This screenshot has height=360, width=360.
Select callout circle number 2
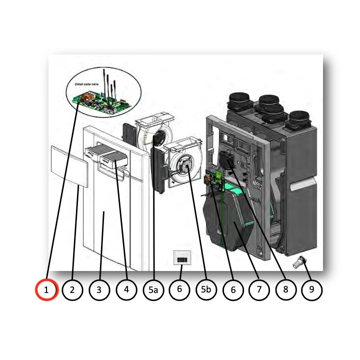pos(72,290)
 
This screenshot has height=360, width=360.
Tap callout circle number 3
pos(99,290)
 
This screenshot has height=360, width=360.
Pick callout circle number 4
pos(126,290)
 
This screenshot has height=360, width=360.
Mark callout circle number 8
pos(285,290)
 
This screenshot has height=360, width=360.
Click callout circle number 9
pos(312,290)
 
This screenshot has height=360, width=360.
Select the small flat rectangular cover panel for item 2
pos(69,166)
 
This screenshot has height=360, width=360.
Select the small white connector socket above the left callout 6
pos(180,259)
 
